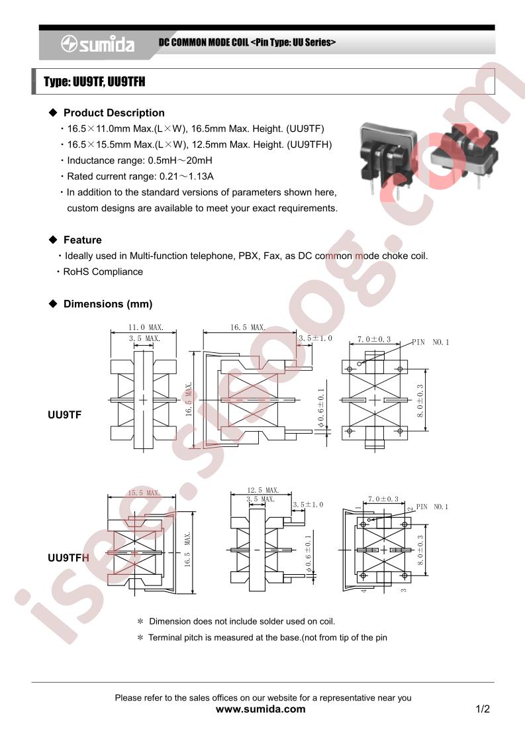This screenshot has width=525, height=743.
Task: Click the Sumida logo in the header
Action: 97,44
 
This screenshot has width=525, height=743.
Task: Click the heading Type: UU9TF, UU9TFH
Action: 95,82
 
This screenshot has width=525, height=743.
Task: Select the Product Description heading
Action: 114,113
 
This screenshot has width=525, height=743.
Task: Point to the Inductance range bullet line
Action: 139,160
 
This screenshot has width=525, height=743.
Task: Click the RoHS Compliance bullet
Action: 103,272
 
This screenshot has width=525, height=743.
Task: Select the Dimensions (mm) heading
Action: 108,304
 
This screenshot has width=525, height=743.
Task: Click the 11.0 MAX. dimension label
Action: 146,327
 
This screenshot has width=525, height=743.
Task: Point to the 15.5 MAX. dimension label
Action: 144,493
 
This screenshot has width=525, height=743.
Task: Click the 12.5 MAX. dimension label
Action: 262,490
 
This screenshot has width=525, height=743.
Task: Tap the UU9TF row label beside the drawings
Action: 64,415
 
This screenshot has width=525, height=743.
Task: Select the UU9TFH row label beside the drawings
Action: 68,558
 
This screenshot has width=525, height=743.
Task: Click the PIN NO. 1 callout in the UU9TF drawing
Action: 430,342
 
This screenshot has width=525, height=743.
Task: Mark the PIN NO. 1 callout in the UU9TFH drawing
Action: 432,507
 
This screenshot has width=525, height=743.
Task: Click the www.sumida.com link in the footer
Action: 261,709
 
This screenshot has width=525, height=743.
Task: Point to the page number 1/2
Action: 483,709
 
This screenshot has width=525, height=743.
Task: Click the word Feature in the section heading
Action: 83,240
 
